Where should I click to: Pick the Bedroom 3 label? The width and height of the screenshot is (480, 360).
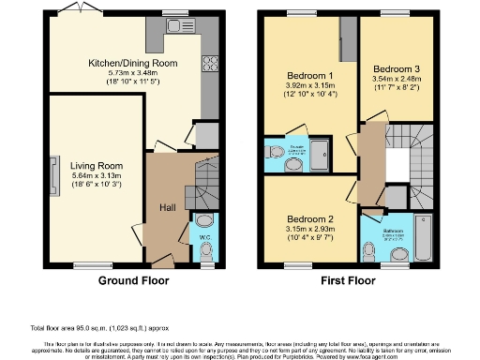(397, 69)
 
